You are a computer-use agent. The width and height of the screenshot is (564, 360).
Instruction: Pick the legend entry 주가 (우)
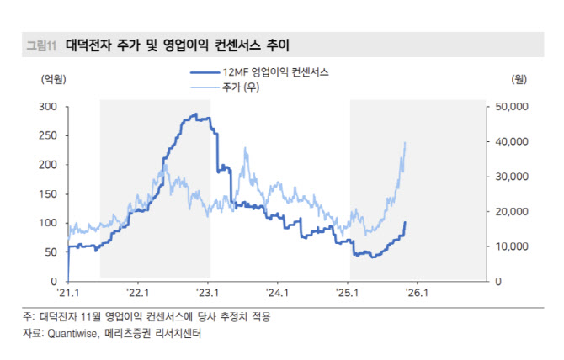(x=241, y=87)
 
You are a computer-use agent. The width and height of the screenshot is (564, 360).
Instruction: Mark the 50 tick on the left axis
(x=51, y=251)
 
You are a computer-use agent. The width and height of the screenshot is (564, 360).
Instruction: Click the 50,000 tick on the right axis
(x=508, y=107)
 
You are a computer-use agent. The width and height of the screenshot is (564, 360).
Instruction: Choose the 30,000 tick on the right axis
(x=508, y=177)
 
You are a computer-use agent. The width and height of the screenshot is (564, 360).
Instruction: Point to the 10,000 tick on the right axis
(x=508, y=246)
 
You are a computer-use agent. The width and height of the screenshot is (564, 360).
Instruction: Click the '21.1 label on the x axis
(x=68, y=294)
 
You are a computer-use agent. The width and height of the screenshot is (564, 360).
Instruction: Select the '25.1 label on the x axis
(x=349, y=294)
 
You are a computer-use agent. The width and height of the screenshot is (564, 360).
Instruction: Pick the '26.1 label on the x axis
(x=418, y=294)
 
